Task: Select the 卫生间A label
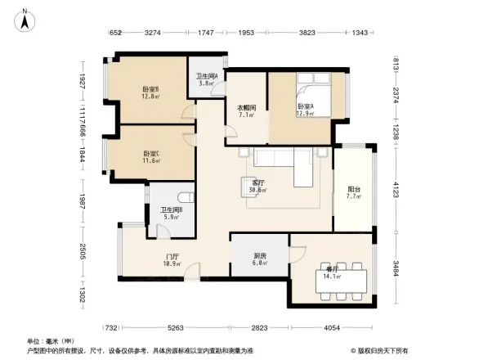[x=205, y=79]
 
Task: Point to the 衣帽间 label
[x=247, y=110]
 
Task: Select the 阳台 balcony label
[x=353, y=191]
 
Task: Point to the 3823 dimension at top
[x=307, y=33]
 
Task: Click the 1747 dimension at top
[x=206, y=33]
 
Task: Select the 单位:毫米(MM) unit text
[x=47, y=341]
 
